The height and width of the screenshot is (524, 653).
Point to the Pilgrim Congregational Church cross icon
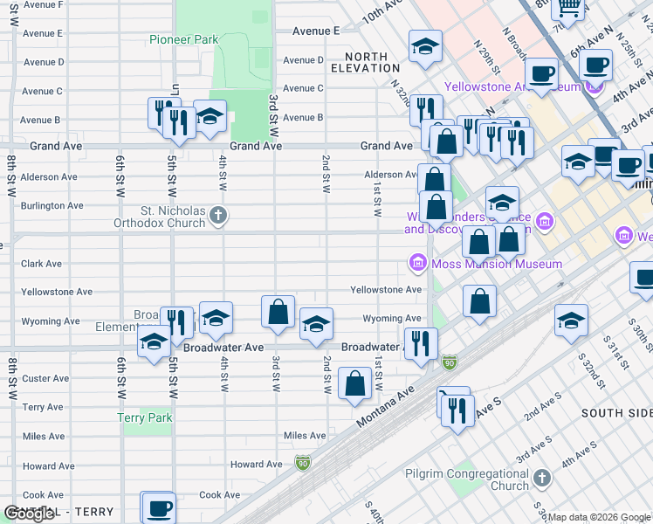542,478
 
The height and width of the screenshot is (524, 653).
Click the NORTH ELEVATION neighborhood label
367,60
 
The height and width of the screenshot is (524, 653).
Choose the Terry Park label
145,418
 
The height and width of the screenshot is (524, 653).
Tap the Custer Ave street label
45,379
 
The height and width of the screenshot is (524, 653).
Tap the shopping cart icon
569,8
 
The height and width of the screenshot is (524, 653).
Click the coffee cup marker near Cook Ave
158,507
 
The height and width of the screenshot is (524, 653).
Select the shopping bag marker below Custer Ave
354,383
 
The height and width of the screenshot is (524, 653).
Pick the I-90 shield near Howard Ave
302,461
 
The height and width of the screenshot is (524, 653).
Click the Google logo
29,514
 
